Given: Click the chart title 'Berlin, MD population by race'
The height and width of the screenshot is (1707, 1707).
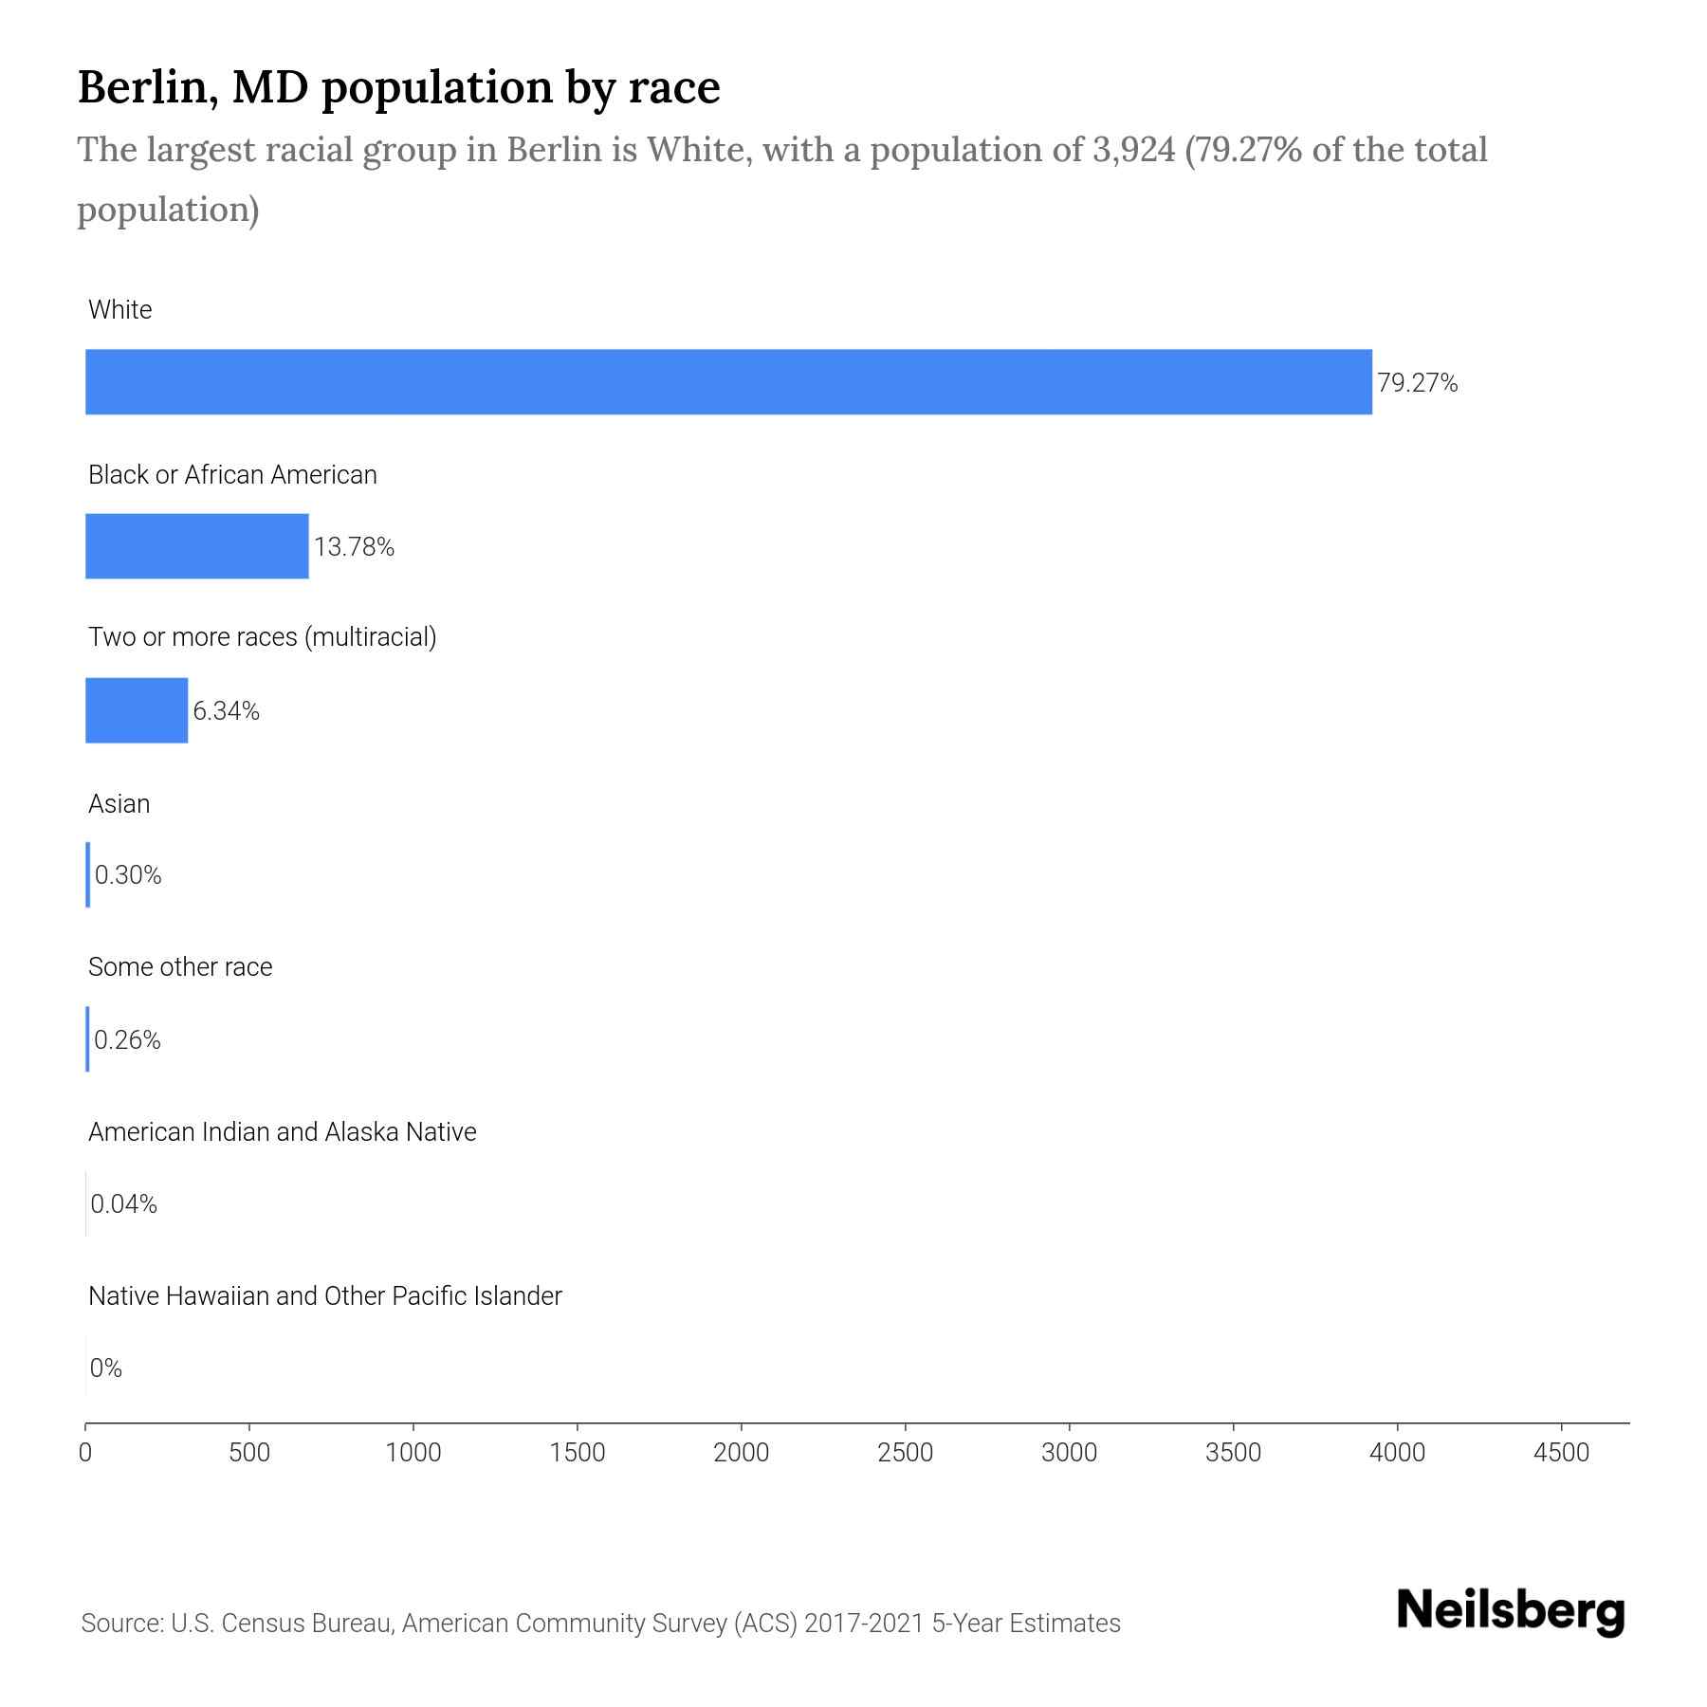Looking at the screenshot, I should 398,87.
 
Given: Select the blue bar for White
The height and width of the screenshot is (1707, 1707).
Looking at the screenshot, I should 728,382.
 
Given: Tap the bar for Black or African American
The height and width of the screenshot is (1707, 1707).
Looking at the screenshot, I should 197,546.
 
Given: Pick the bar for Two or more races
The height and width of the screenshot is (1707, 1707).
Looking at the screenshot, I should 137,710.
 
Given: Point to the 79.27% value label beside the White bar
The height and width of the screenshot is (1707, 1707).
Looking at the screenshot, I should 1417,383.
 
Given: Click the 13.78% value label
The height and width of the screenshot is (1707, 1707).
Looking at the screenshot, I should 354,547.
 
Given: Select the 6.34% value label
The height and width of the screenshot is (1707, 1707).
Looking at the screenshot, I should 226,711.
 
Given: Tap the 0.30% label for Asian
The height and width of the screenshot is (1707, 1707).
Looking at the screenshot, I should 128,875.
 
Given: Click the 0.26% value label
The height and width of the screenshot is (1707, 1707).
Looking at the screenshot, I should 127,1040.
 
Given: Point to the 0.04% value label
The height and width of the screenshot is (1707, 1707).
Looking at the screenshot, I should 123,1204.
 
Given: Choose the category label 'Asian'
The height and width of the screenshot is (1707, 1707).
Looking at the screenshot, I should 119,804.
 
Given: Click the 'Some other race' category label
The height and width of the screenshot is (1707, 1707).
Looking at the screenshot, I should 180,967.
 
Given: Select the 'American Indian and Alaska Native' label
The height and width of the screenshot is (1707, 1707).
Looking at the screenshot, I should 282,1132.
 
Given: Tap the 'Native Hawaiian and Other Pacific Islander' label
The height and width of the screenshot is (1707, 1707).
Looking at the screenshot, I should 324,1296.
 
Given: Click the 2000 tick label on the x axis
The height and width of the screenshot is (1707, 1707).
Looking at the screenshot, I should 742,1453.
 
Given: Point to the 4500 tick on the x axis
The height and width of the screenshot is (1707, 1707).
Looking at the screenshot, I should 1561,1453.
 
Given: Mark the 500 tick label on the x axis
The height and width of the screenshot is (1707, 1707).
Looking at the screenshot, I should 249,1453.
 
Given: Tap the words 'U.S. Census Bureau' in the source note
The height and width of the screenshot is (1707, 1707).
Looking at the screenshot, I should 282,1624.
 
